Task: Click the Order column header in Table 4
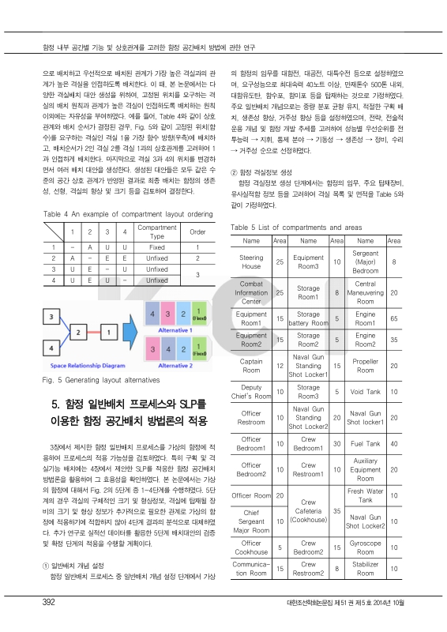pos(197,231)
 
